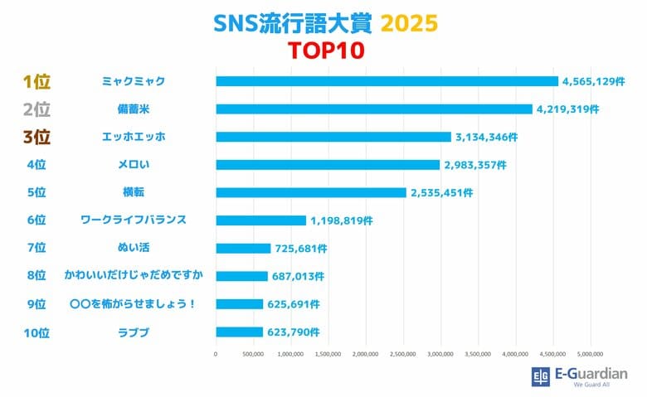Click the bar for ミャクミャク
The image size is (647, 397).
coord(387,81)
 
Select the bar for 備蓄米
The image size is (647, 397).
coord(373,109)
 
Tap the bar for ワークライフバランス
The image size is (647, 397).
coord(260,220)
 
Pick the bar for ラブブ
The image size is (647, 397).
coord(239,332)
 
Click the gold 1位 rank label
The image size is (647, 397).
coord(36,81)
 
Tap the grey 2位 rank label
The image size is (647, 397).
coord(36,109)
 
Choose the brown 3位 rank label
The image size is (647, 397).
coord(36,137)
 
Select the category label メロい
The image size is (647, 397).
coord(134,165)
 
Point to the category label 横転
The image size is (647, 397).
coord(134,192)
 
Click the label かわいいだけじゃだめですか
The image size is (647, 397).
coord(134,276)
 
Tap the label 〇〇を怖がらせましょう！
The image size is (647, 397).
coord(134,304)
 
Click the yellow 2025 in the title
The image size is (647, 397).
coord(409,22)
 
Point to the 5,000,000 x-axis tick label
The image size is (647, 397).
coord(591,354)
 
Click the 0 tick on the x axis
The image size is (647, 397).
coord(216,354)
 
